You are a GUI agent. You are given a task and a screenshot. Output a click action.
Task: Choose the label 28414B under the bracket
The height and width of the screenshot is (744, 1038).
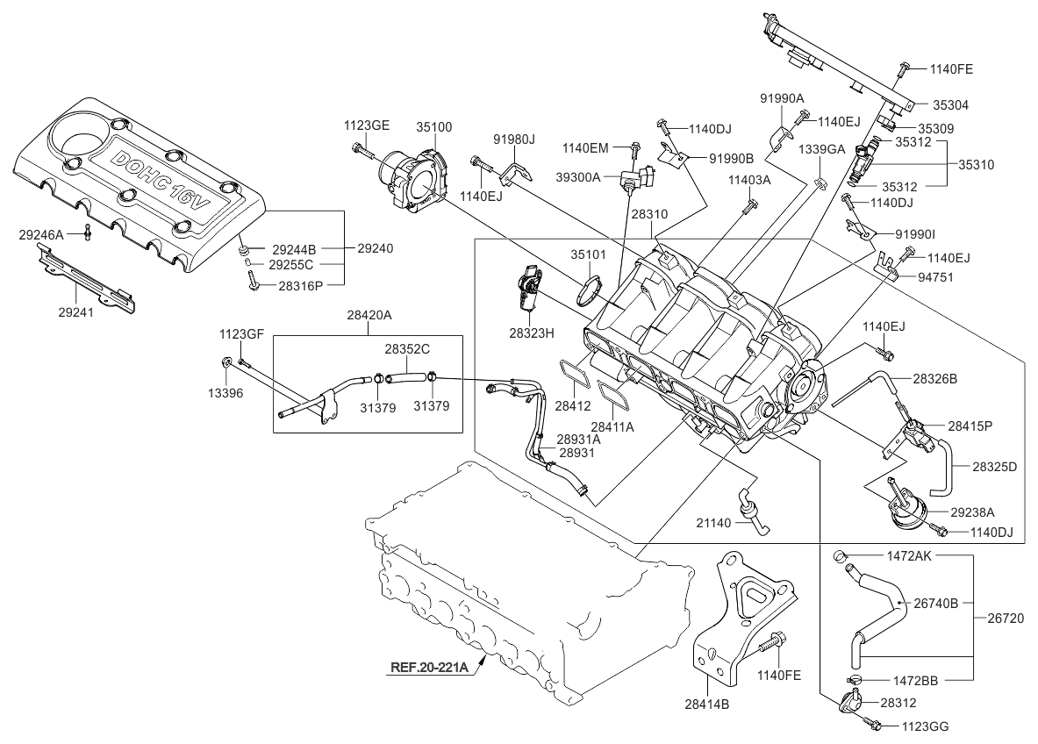707,704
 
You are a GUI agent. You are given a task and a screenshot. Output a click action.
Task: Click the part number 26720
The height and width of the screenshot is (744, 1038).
1006,618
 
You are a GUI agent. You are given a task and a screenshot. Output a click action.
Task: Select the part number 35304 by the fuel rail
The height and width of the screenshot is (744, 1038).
949,104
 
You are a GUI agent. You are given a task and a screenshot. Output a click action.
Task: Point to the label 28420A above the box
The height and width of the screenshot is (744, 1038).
369,315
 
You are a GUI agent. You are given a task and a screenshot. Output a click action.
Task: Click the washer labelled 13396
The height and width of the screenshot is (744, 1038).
227,361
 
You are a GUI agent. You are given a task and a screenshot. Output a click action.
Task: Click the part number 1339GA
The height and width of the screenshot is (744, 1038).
821,150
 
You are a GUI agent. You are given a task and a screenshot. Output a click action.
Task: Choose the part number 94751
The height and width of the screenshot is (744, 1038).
936,277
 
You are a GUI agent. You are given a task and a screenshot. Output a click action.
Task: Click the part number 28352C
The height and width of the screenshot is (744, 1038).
406,348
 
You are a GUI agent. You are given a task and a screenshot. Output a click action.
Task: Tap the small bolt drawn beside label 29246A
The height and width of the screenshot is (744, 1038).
88,232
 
